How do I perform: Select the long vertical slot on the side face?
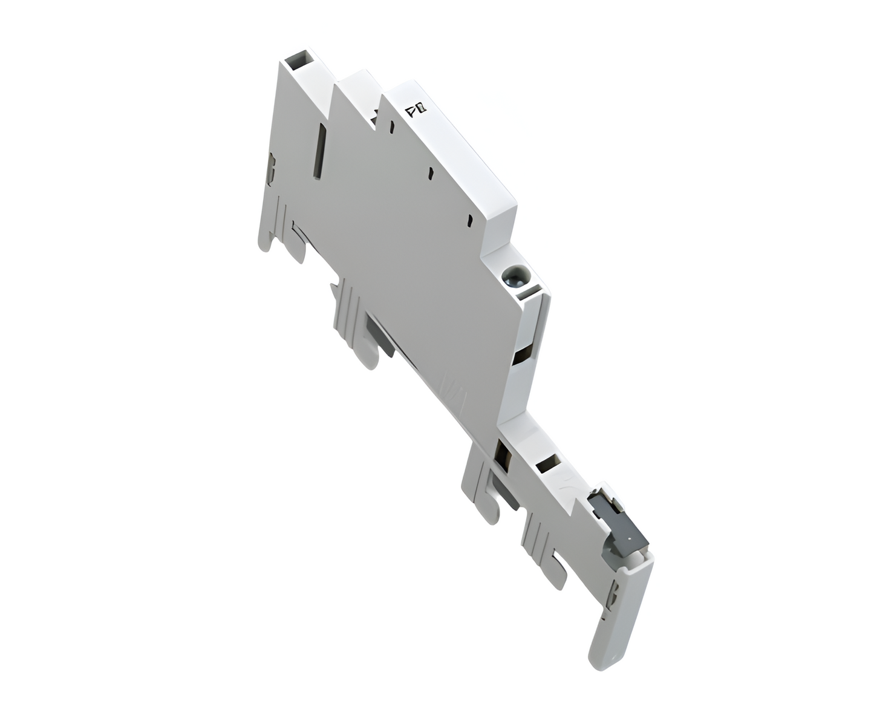pyautogui.click(x=318, y=151)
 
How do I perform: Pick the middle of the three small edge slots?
pyautogui.click(x=431, y=173)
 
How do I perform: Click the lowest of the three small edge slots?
pyautogui.click(x=470, y=220)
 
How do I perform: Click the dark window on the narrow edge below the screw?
pyautogui.click(x=520, y=356)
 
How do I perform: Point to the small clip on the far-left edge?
pyautogui.click(x=271, y=169)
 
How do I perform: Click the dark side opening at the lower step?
pyautogui.click(x=501, y=453)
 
